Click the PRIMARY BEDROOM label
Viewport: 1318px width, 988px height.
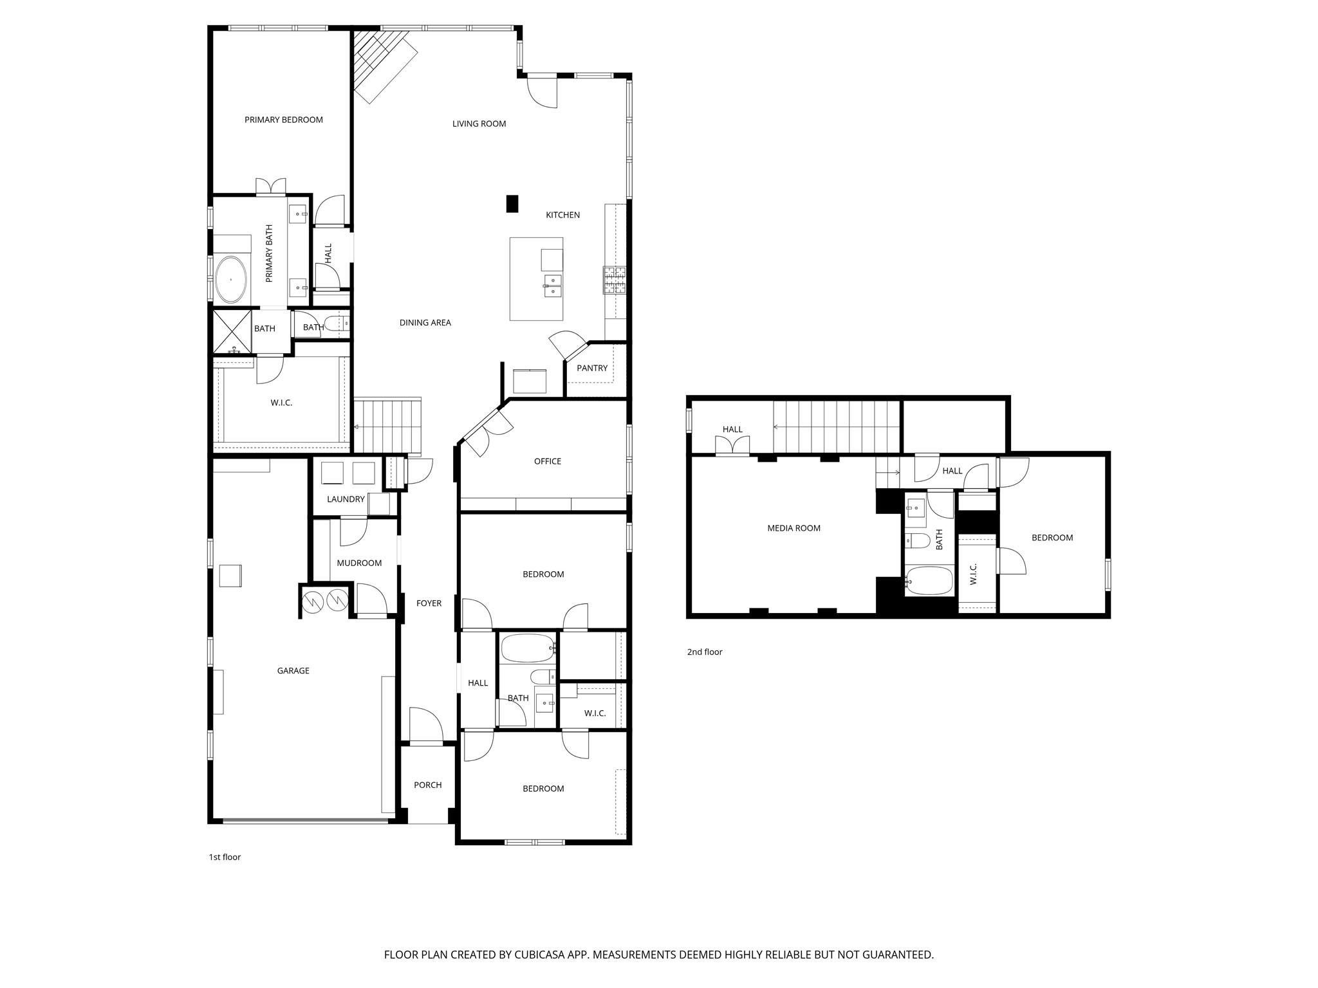tap(283, 120)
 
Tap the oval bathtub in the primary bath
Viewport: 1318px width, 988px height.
tap(230, 280)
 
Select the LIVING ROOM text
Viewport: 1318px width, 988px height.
tap(479, 123)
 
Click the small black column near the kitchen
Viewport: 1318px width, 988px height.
tap(512, 204)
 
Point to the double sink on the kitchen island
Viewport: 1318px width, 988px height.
tap(553, 286)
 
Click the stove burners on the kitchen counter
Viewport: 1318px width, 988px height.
tap(615, 280)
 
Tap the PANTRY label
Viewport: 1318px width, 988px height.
tap(591, 368)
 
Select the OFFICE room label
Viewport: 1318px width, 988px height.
tap(547, 461)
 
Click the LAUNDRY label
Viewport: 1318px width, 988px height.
tap(346, 499)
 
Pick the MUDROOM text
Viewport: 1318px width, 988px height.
tap(359, 563)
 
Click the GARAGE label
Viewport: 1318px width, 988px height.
tap(293, 670)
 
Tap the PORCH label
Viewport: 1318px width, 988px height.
tap(427, 785)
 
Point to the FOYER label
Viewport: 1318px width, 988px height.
tap(429, 603)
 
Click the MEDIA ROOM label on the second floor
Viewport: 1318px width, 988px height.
tap(794, 528)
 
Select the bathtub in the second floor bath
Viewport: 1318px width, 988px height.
tap(929, 581)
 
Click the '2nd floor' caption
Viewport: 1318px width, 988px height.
tap(705, 652)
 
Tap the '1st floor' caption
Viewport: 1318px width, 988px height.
tap(225, 857)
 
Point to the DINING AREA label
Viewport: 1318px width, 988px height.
tap(425, 323)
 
